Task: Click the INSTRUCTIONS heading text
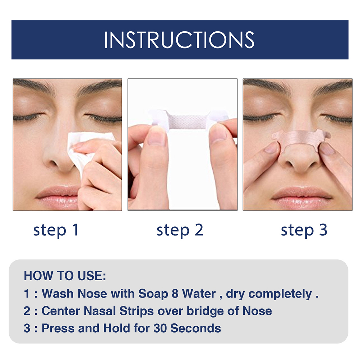point(179,40)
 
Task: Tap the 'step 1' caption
point(56,230)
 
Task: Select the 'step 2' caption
point(180,230)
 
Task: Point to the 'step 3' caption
point(304,230)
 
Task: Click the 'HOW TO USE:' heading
point(65,276)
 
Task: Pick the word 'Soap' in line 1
point(153,294)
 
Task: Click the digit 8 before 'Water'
point(175,294)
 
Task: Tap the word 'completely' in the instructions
point(280,294)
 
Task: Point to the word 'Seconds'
point(195,328)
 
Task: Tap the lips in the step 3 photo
point(302,196)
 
